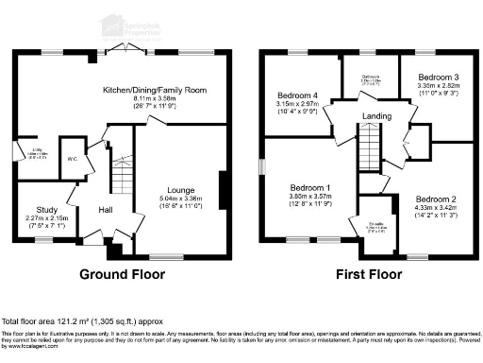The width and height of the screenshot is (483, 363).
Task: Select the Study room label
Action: coord(47,210)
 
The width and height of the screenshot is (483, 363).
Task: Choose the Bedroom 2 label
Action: coord(433,200)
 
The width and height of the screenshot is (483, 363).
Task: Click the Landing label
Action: coord(375,116)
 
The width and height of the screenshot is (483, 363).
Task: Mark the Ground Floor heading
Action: coord(122,275)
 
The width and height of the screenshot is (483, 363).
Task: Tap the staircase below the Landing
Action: coord(369,150)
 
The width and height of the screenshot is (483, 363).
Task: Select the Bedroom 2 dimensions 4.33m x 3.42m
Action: coord(433,210)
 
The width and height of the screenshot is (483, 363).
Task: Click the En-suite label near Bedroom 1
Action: coord(375,224)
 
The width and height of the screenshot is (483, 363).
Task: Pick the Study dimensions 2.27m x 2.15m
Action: coord(47,219)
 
